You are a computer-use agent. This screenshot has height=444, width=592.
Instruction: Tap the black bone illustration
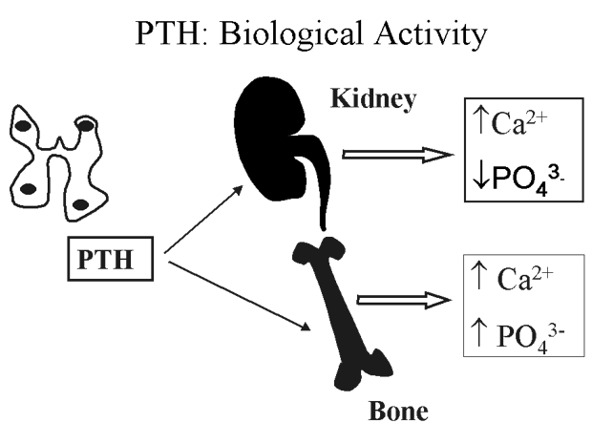point(335,306)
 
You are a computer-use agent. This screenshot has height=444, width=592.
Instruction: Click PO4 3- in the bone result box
point(528,334)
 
